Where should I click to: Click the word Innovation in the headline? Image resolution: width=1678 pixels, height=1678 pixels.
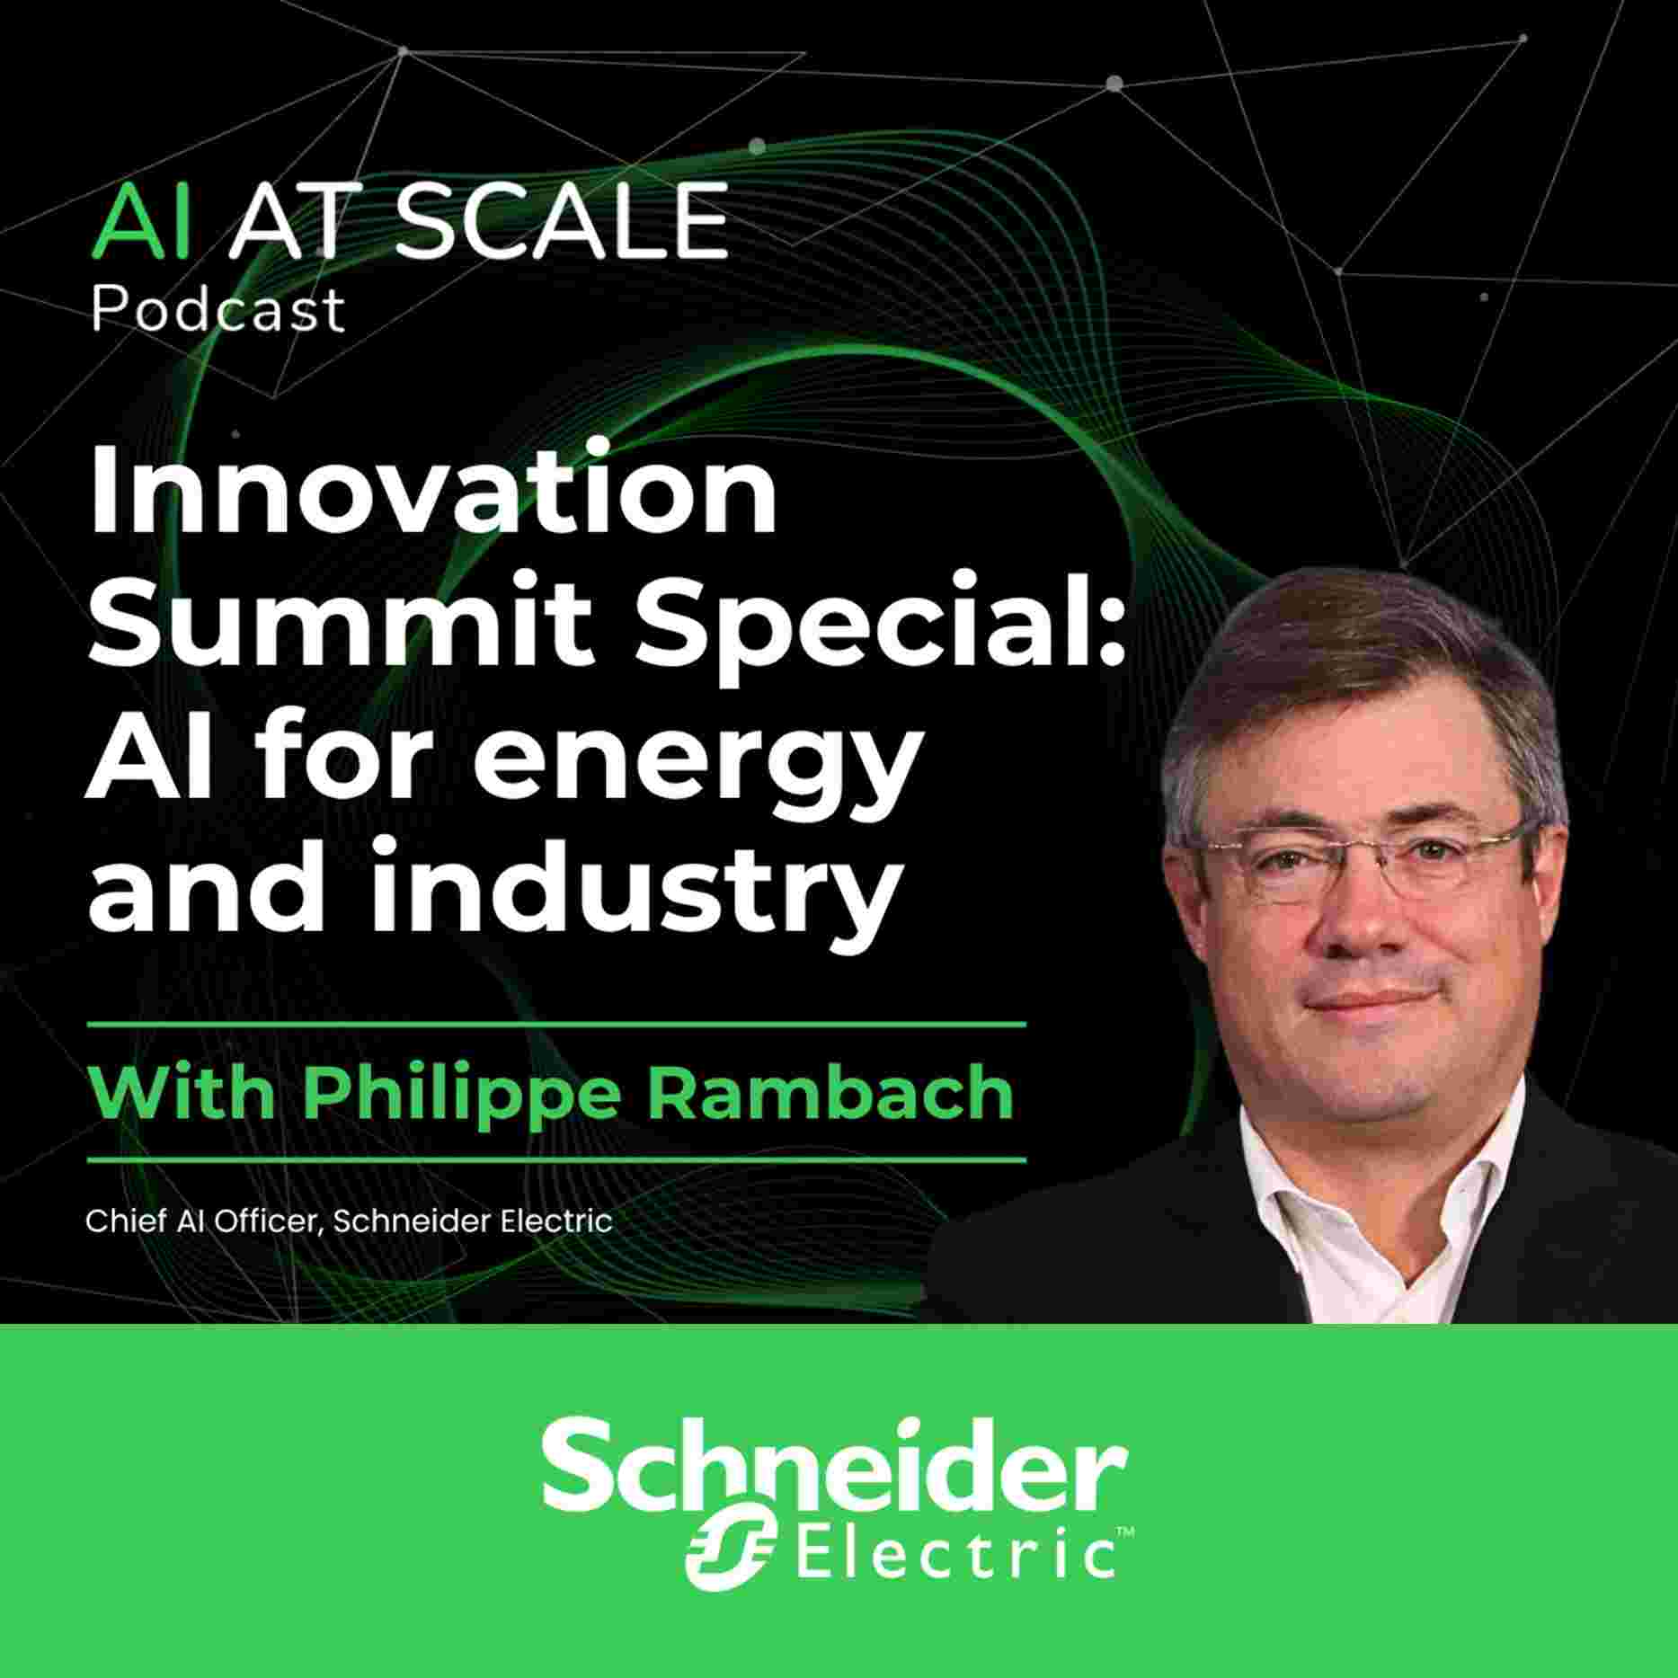tap(432, 493)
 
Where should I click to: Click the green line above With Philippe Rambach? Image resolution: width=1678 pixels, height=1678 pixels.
tap(556, 1023)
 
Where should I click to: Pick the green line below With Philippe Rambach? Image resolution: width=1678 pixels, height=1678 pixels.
tap(556, 1159)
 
